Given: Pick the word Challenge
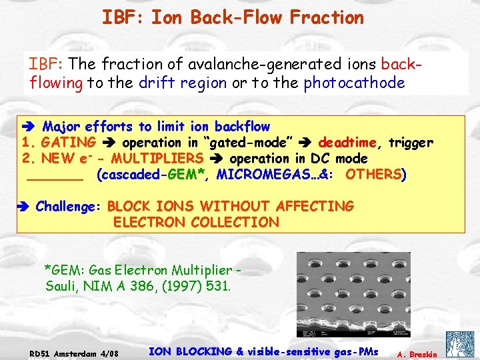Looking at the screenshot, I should pyautogui.click(x=66, y=207).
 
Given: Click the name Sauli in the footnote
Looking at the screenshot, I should pyautogui.click(x=62, y=287).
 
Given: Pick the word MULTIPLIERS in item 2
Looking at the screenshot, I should pyautogui.click(x=157, y=159).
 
